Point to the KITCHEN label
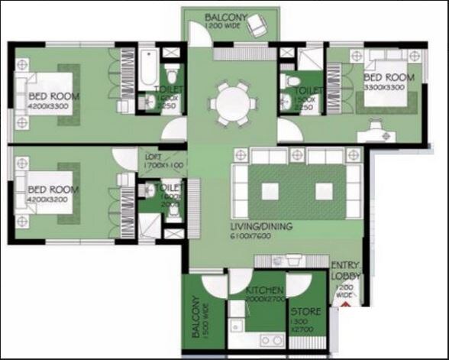pyautogui.click(x=265, y=290)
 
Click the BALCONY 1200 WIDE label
pyautogui.click(x=226, y=20)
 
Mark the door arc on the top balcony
pyautogui.click(x=197, y=35)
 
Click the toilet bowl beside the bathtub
pyautogui.click(x=173, y=74)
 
